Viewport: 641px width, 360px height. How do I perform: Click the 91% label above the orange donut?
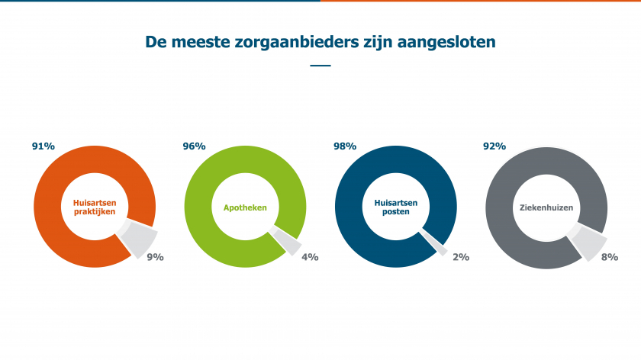click(x=43, y=146)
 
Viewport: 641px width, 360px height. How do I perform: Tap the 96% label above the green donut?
click(x=194, y=146)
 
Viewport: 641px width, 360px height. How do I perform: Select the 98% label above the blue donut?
click(x=345, y=146)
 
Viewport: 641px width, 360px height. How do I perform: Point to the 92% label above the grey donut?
click(x=495, y=146)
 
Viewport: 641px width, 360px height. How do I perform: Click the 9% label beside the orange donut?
click(x=156, y=257)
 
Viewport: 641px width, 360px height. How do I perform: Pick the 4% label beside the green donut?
click(x=310, y=257)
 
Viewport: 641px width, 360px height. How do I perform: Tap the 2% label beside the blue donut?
click(x=460, y=257)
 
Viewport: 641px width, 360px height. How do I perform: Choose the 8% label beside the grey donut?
click(x=610, y=257)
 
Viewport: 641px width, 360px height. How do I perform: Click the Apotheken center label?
click(x=244, y=207)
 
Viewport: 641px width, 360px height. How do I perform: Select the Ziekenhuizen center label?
click(x=546, y=207)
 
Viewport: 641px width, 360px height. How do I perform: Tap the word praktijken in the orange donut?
click(x=95, y=212)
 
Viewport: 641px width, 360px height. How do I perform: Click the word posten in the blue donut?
click(x=396, y=212)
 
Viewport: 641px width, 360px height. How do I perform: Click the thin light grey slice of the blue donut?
click(x=440, y=245)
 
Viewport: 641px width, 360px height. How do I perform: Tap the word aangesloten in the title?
click(x=449, y=42)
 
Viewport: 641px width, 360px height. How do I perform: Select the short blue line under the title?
click(x=320, y=66)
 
